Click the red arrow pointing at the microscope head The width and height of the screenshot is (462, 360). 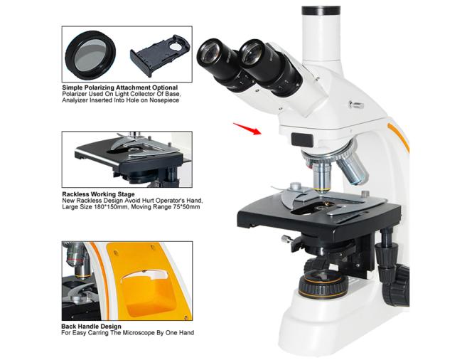[247, 129]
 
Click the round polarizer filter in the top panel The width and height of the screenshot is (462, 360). [90, 55]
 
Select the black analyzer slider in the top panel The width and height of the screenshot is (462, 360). [160, 55]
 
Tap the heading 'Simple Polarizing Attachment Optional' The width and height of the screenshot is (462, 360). [120, 88]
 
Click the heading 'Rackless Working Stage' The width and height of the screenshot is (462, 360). [98, 194]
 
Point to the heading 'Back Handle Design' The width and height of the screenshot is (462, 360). [92, 327]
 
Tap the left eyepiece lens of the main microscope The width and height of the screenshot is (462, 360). [210, 52]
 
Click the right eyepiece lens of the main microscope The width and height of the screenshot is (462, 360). [250, 53]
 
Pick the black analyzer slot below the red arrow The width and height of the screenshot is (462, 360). [302, 139]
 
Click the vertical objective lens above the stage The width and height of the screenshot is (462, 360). [323, 176]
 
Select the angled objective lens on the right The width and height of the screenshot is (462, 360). [353, 169]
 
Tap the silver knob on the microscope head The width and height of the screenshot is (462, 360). [355, 105]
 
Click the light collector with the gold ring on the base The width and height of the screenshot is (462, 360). [323, 284]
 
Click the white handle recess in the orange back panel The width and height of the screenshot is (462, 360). [145, 275]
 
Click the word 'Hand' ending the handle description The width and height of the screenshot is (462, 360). [186, 333]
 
